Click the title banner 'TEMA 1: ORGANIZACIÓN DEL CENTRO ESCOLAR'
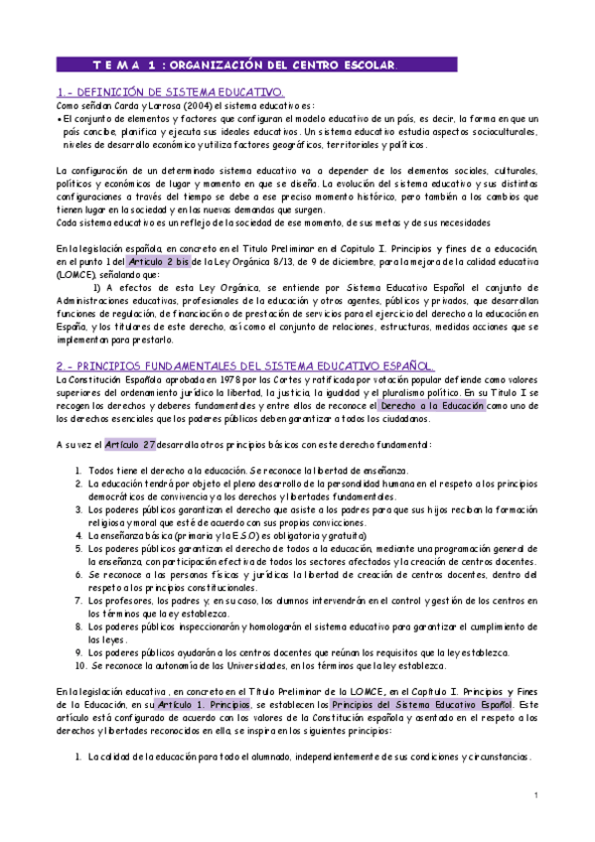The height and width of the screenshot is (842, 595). click(256, 66)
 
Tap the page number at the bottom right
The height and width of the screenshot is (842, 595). click(534, 795)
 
